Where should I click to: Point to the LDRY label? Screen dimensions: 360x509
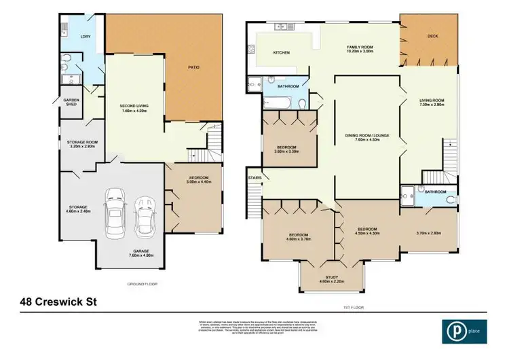[86, 36]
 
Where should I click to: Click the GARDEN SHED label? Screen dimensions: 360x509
[71, 102]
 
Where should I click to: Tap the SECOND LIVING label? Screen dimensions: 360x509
[134, 108]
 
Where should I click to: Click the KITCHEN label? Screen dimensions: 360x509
[282, 53]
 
